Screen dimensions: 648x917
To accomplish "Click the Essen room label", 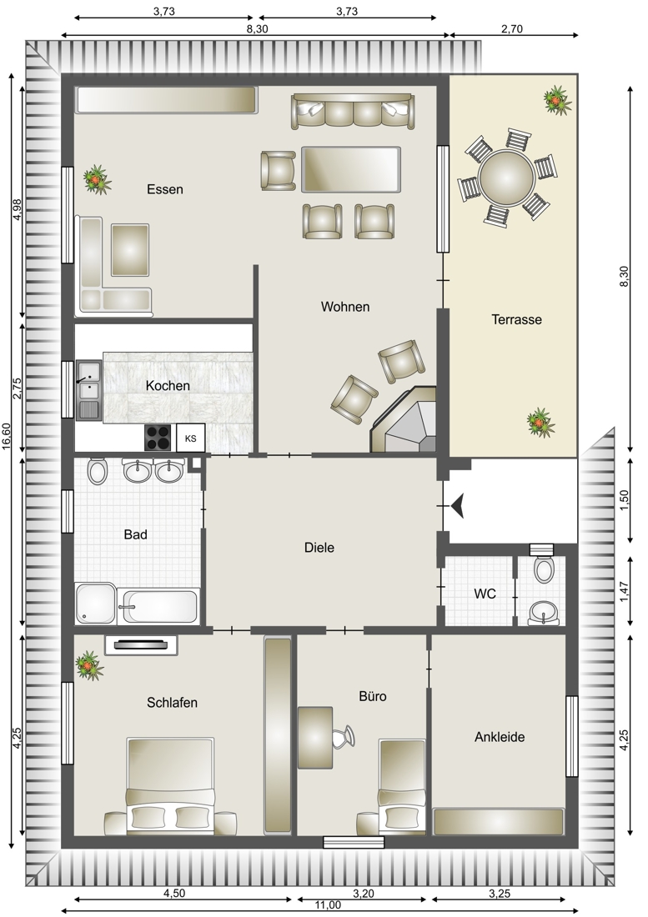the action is click(x=165, y=189).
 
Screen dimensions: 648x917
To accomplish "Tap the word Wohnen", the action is click(x=345, y=307).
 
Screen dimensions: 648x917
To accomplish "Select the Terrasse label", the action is click(x=516, y=320).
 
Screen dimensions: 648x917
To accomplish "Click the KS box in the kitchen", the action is click(x=191, y=438).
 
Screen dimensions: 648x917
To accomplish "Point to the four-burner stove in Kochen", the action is click(x=158, y=438).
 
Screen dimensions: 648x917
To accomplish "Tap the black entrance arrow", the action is click(x=457, y=505).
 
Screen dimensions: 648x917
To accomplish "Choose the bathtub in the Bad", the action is click(x=159, y=606).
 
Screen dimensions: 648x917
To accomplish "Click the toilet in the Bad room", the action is click(x=97, y=471).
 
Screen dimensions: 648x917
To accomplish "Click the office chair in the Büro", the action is click(x=344, y=736).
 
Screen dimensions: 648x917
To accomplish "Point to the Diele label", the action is click(x=319, y=548).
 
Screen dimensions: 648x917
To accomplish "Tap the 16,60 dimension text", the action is click(x=7, y=436).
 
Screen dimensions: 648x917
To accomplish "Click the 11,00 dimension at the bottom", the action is click(x=328, y=905).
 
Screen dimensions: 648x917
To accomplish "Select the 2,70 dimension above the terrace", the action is click(x=512, y=28).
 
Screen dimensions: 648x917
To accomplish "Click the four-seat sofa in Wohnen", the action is click(x=354, y=111).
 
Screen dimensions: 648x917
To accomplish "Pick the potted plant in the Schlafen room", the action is click(x=89, y=665).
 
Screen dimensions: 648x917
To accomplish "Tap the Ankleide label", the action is click(x=500, y=738).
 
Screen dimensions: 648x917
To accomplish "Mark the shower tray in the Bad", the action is click(x=95, y=604).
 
